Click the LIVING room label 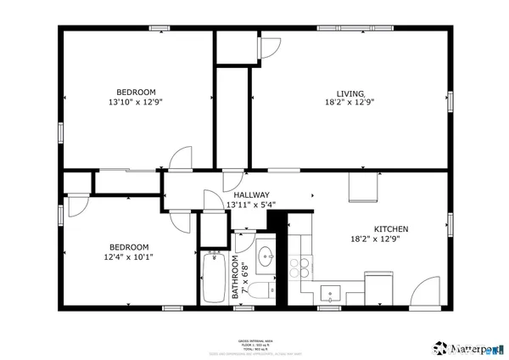[350, 93]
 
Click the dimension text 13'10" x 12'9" [136, 102]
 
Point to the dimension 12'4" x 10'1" [128, 256]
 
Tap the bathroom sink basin [266, 256]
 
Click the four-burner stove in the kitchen [299, 267]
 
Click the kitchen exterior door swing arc [420, 293]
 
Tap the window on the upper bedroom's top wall [159, 28]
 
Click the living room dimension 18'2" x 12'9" [350, 102]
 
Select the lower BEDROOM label [128, 247]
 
